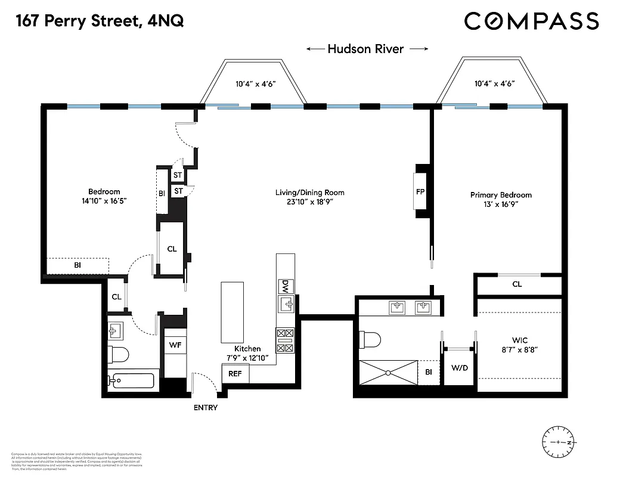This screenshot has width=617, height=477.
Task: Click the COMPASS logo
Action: click(531, 21)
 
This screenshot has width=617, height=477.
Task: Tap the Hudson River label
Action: click(365, 49)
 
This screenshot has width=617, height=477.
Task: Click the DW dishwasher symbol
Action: click(286, 286)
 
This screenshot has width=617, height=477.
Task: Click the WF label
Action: click(175, 345)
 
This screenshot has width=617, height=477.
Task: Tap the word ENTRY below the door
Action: click(206, 408)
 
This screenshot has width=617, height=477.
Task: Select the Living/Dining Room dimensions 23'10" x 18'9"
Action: click(309, 202)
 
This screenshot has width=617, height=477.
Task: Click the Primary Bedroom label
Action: click(501, 195)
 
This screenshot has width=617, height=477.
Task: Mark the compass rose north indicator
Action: click(570, 442)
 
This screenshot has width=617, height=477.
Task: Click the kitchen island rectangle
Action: click(232, 311)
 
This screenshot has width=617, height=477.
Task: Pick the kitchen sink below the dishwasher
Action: click(287, 305)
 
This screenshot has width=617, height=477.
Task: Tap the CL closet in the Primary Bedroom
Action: click(517, 284)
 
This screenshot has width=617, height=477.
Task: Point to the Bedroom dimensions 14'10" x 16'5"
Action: click(104, 202)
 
